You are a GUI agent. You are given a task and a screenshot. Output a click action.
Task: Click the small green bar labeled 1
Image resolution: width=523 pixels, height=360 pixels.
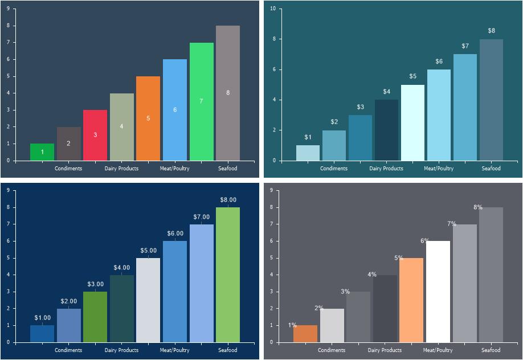(42, 152)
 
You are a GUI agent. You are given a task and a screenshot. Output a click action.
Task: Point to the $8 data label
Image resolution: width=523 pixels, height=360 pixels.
(491, 31)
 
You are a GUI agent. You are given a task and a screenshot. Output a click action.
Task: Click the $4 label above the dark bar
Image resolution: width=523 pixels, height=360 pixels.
(386, 92)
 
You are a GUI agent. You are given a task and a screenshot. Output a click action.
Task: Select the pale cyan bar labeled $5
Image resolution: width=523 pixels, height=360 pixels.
(412, 122)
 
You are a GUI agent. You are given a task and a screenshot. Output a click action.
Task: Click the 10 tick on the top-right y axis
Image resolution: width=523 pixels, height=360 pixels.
(273, 9)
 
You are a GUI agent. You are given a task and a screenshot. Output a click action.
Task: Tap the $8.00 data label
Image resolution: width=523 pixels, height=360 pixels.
(228, 200)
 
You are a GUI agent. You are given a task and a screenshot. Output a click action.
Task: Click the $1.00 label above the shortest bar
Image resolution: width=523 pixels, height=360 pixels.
(42, 318)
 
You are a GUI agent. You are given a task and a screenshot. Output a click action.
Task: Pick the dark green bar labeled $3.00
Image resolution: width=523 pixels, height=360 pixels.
(95, 317)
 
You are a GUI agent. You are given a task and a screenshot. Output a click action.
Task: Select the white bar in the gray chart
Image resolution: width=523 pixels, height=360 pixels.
(438, 292)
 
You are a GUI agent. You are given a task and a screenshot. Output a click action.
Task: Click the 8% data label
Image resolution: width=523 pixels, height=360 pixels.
(478, 207)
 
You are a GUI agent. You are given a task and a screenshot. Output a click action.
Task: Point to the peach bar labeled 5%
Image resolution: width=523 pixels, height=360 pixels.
(411, 300)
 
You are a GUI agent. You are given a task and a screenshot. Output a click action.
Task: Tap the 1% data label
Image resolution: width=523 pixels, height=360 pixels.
(292, 325)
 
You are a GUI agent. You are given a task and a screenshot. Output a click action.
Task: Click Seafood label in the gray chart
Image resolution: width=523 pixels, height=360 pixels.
(491, 350)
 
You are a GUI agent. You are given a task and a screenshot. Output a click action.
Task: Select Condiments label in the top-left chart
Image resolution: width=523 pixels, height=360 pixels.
(68, 169)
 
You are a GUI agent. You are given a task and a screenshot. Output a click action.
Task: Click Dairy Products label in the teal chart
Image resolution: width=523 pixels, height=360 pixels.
(386, 169)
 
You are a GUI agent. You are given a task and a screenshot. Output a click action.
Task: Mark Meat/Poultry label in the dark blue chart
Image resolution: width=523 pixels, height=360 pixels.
(175, 350)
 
